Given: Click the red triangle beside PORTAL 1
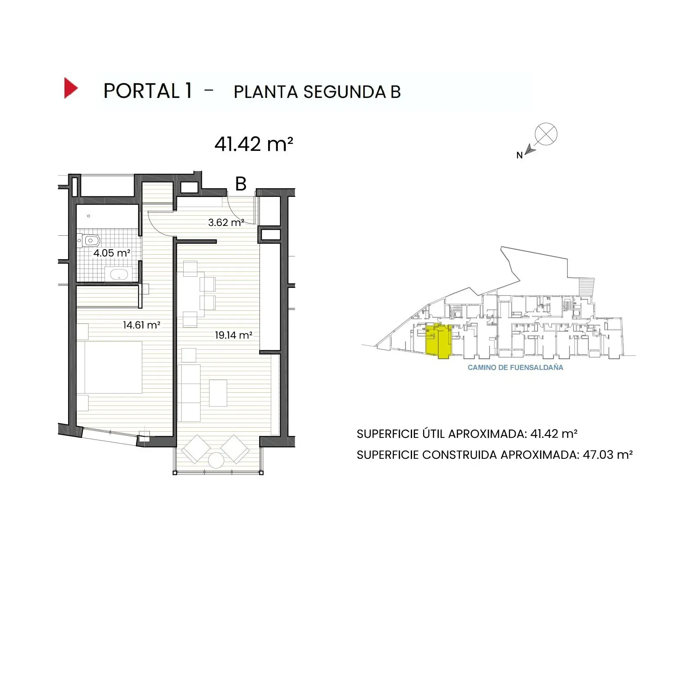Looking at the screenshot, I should tap(70, 88).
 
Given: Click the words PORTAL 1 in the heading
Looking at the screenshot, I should tap(148, 91).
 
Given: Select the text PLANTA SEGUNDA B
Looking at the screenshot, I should tap(317, 92).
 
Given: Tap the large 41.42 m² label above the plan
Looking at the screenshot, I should tap(253, 144).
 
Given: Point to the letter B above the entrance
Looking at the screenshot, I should tap(241, 184).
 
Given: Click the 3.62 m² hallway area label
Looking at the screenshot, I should tap(226, 223).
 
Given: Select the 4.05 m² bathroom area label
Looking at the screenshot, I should tap(112, 253).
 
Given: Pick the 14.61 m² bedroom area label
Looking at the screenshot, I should tap(141, 325).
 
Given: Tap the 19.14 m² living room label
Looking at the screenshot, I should tap(233, 335).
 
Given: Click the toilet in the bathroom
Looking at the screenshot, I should tap(90, 241).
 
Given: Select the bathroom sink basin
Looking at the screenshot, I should tap(119, 274).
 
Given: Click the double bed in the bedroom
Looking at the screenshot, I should tap(113, 367).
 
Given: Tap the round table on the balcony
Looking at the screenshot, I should tap(216, 460).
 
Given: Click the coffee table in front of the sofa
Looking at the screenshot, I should tap(218, 393).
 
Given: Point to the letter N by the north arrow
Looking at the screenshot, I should tap(519, 155).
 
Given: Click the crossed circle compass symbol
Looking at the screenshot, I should tap(546, 134).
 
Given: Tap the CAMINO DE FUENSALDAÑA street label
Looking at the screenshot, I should tap(515, 368).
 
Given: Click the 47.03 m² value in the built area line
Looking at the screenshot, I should tap(608, 455).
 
